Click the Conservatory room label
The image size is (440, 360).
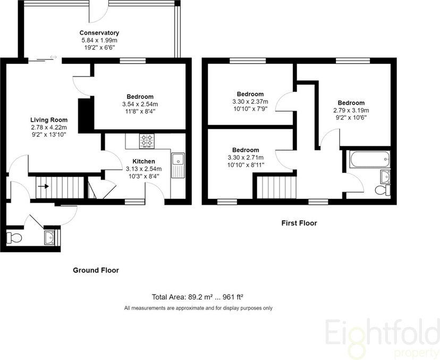99,33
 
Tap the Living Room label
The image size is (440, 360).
49,120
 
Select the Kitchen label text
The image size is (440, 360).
143,162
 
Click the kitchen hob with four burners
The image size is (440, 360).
147,141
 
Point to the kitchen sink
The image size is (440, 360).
178,165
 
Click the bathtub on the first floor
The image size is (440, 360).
369,160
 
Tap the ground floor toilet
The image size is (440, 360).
14,238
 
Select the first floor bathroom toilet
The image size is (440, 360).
382,190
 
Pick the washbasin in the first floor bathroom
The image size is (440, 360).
385,177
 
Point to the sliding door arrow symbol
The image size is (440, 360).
53,57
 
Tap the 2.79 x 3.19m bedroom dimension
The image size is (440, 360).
351,111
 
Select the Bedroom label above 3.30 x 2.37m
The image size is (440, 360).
250,94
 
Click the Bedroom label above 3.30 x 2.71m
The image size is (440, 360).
246,150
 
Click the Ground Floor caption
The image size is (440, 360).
96,271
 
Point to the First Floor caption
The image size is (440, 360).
299,223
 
